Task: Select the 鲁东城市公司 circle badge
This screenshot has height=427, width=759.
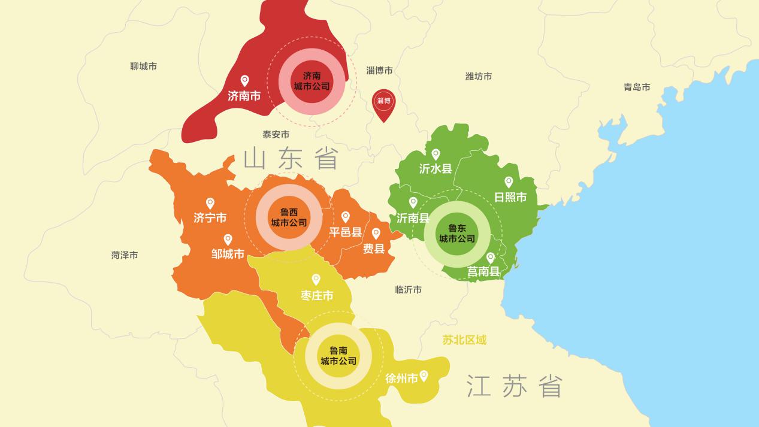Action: click(457, 234)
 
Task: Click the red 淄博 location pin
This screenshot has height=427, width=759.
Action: click(383, 104)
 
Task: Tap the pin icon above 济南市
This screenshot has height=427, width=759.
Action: click(244, 80)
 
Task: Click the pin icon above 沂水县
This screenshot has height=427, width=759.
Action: click(436, 154)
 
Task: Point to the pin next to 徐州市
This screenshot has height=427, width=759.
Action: click(424, 375)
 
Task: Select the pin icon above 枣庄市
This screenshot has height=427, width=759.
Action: click(316, 279)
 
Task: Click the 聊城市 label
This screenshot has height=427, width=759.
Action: click(143, 66)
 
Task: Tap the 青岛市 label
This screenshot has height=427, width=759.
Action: click(637, 87)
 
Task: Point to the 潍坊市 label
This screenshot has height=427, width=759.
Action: click(479, 77)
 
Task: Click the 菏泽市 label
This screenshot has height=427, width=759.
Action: click(125, 255)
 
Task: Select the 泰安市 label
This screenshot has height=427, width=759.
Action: click(276, 135)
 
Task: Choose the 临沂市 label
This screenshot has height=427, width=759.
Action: click(408, 290)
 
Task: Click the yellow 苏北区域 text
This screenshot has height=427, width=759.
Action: click(464, 340)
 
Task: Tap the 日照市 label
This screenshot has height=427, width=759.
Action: click(510, 197)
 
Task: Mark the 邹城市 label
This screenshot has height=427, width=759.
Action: click(228, 255)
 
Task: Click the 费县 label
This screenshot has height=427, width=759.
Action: click(374, 249)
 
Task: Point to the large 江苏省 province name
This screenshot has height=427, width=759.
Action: click(515, 386)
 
